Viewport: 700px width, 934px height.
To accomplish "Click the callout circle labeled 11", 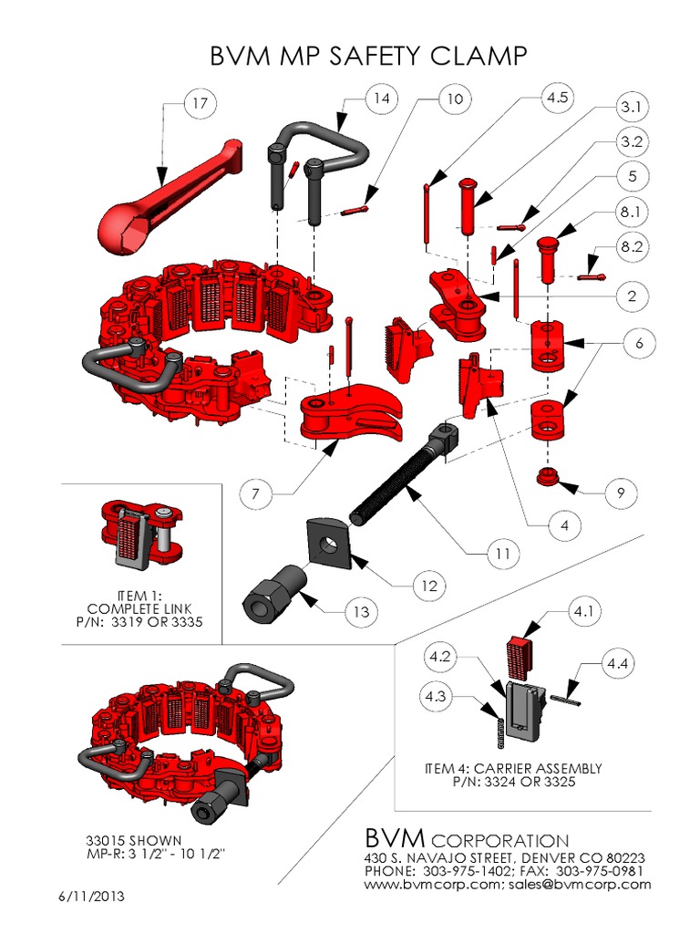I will point(500,553).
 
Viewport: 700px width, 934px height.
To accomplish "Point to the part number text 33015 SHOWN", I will point(133,839).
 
